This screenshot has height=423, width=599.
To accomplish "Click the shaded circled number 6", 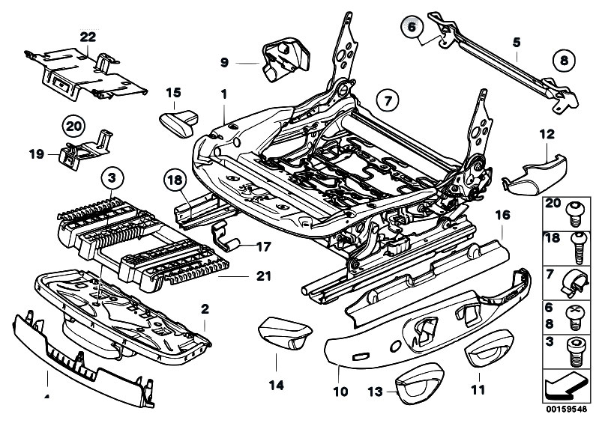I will [x=410, y=28].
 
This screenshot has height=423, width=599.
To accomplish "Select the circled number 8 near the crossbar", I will [x=564, y=59].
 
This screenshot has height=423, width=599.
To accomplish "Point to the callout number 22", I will [x=88, y=37].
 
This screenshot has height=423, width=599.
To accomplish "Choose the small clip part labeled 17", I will [x=227, y=236].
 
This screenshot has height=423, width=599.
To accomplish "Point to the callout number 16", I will [x=502, y=214].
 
